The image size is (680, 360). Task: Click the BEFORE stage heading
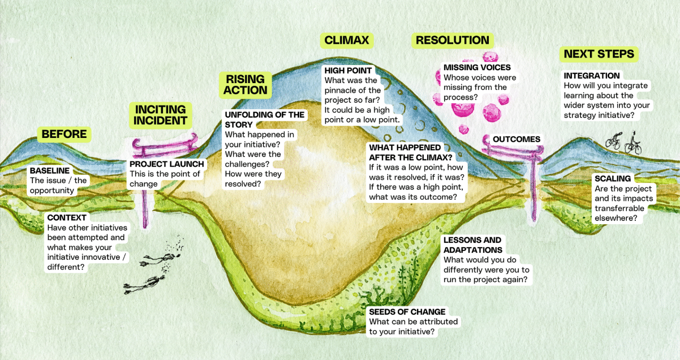64,134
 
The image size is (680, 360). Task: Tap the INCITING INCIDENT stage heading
160,115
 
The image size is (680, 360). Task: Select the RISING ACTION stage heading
245,85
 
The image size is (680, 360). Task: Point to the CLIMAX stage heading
347,40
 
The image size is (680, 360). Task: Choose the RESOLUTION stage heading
452,40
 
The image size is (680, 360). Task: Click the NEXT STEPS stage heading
599,54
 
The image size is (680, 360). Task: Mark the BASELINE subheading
50,171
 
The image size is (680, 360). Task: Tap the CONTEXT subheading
67,218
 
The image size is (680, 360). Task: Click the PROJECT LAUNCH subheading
167,164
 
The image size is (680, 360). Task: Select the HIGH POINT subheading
348,71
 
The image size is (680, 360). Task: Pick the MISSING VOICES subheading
477,68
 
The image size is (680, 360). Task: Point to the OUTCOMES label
516,140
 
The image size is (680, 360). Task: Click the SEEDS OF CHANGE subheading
407,312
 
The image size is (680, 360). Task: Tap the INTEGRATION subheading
592,76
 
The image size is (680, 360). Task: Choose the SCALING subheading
612,179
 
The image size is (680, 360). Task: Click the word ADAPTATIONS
473,250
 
